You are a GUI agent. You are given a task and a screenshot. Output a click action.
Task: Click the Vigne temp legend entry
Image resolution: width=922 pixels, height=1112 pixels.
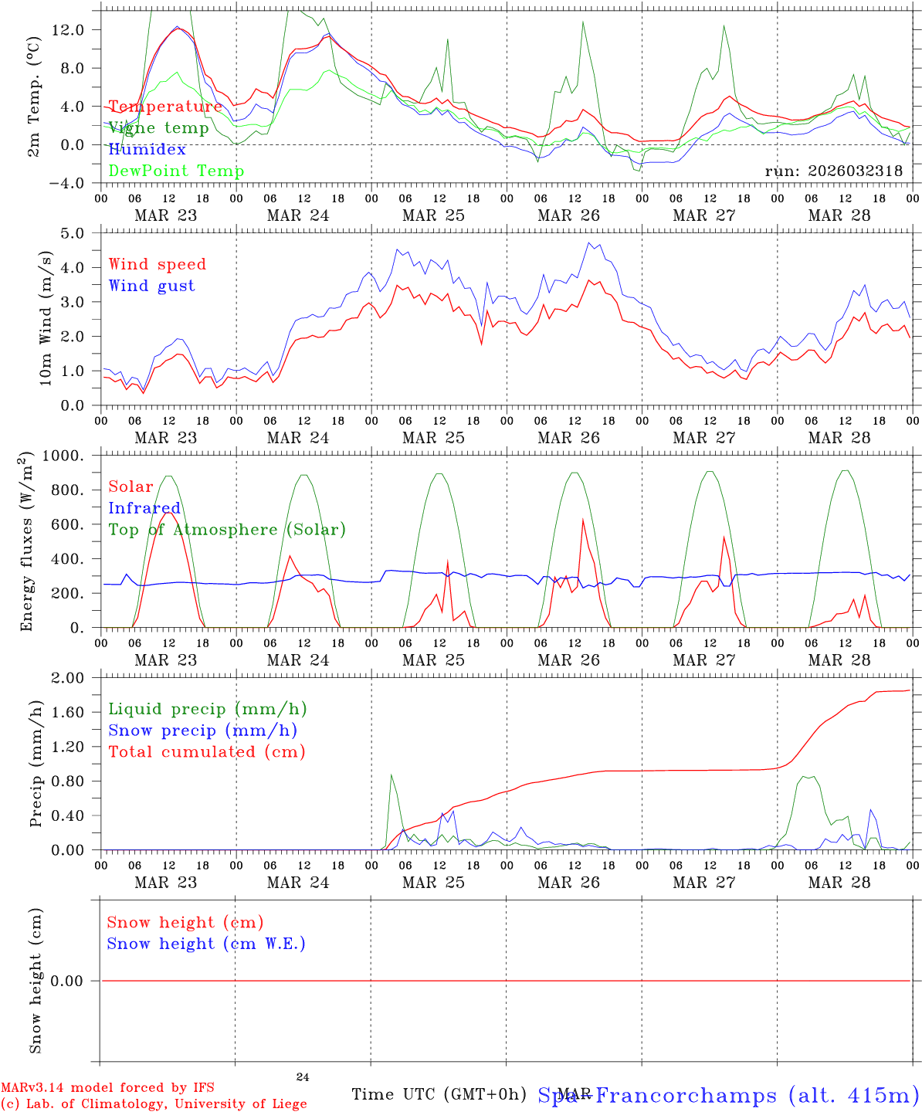click(158, 128)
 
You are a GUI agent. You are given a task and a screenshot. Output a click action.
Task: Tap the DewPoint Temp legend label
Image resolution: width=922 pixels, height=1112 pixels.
click(176, 171)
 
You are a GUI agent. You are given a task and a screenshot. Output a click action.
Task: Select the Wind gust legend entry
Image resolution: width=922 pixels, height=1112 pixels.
click(151, 286)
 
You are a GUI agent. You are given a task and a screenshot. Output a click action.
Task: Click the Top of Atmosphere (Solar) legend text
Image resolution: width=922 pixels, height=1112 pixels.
click(227, 530)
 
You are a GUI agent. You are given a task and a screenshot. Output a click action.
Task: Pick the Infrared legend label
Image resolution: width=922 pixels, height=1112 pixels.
click(144, 508)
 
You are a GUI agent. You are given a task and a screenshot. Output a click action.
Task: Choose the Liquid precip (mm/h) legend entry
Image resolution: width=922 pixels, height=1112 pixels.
click(208, 709)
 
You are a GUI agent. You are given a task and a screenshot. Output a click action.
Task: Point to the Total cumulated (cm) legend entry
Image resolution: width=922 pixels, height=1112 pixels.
click(207, 751)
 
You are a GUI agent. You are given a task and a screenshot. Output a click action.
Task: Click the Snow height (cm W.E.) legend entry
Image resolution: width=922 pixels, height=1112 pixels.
click(206, 944)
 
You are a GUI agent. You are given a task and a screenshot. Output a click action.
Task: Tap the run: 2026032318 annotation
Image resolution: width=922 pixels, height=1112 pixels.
click(834, 171)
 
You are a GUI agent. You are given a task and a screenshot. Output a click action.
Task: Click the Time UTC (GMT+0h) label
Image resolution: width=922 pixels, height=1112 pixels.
click(439, 1094)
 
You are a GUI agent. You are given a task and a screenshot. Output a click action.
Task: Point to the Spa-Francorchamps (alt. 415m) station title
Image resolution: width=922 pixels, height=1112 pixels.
click(727, 1095)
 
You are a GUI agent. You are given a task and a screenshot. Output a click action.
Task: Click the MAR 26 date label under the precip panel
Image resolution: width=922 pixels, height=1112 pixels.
click(568, 882)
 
